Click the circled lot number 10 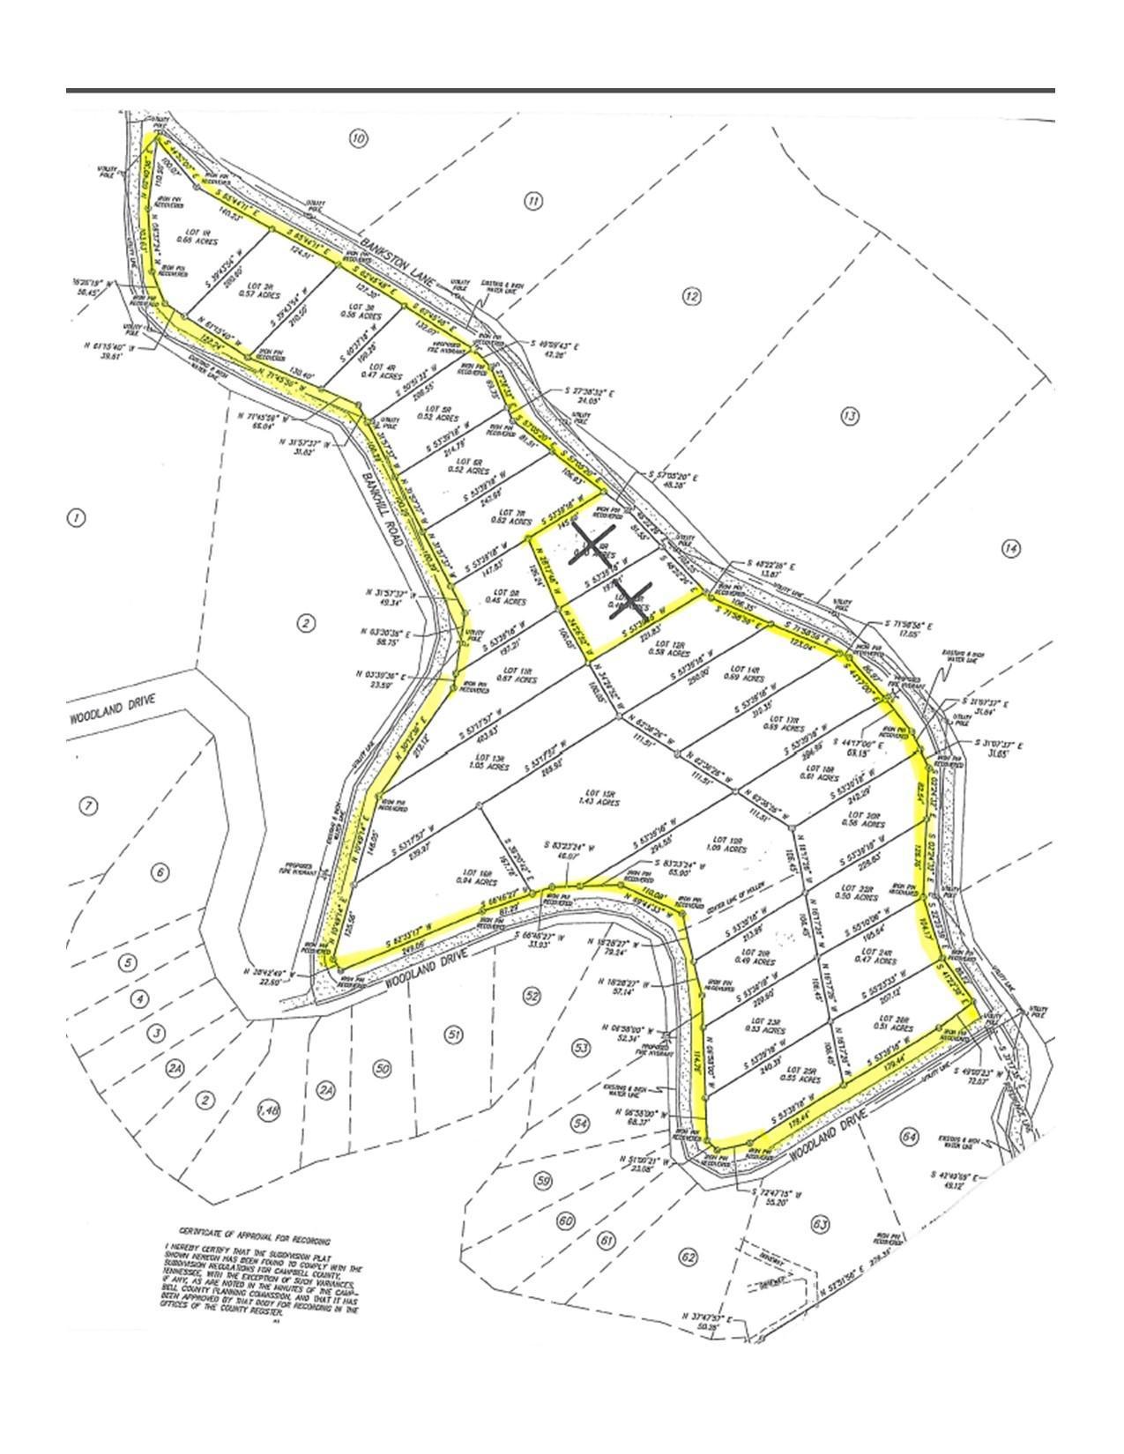(x=358, y=138)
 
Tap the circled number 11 (x=533, y=202)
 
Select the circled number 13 (x=849, y=416)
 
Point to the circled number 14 (x=1011, y=549)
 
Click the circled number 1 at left (x=77, y=518)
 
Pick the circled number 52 (x=532, y=995)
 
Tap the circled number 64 (x=910, y=1137)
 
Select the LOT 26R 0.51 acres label (x=903, y=1023)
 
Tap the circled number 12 (x=691, y=297)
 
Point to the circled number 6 (x=160, y=873)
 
